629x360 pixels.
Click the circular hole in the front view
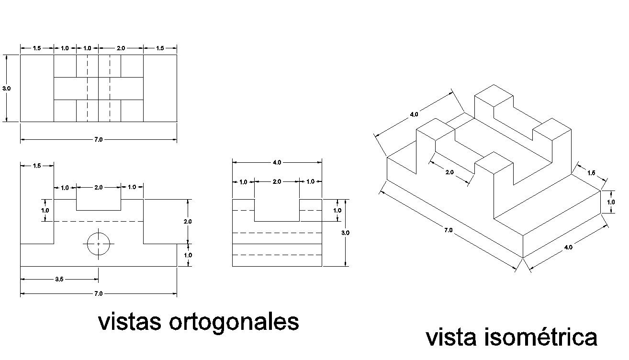[99, 244]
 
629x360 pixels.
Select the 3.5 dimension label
[59, 279]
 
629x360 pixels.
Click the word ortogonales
[234, 323]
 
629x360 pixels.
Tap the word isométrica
[541, 337]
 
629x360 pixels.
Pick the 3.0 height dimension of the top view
[6, 89]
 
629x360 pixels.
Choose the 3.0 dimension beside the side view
[345, 233]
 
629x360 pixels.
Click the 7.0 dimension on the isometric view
[448, 230]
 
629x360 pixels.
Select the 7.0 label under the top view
[98, 139]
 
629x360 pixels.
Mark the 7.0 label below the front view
[98, 293]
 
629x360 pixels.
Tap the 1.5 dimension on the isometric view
[592, 173]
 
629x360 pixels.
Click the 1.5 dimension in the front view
[37, 166]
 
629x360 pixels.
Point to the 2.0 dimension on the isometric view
[449, 172]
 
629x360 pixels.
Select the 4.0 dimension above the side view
[277, 163]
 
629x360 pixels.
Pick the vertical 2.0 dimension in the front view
[188, 222]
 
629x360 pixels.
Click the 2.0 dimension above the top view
[121, 48]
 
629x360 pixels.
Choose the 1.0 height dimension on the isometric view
[611, 202]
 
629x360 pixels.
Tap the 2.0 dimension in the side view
[277, 182]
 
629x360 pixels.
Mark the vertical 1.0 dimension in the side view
[337, 210]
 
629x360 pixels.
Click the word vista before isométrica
[453, 337]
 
